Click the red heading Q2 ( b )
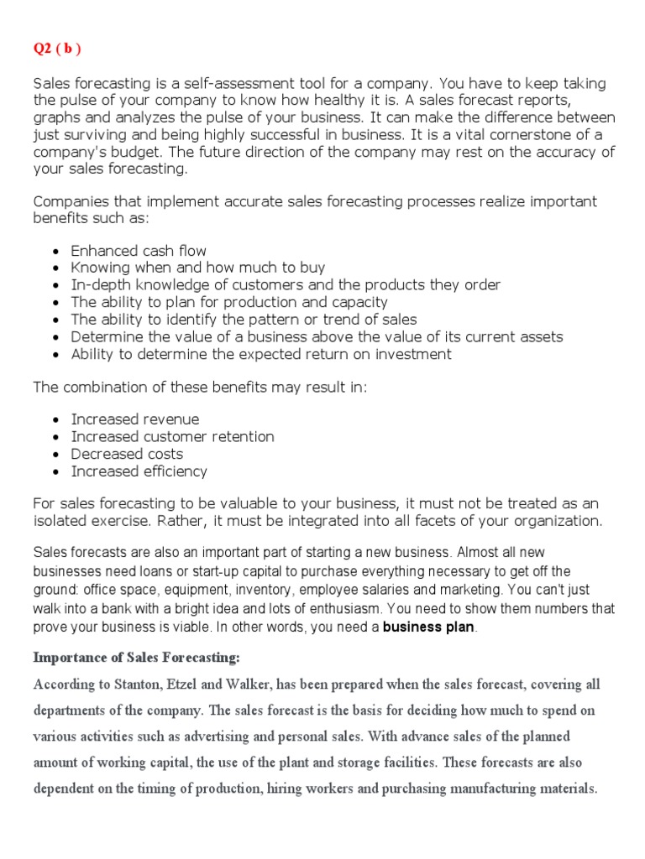pyautogui.click(x=57, y=49)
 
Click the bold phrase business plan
pyautogui.click(x=428, y=627)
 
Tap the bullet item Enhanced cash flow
pyautogui.click(x=139, y=251)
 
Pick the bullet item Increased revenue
pyautogui.click(x=135, y=419)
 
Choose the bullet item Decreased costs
pyautogui.click(x=127, y=454)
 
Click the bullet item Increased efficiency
pyautogui.click(x=139, y=471)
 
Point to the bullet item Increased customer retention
pyautogui.click(x=172, y=436)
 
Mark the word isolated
pyautogui.click(x=66, y=521)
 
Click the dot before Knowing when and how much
pyautogui.click(x=55, y=268)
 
